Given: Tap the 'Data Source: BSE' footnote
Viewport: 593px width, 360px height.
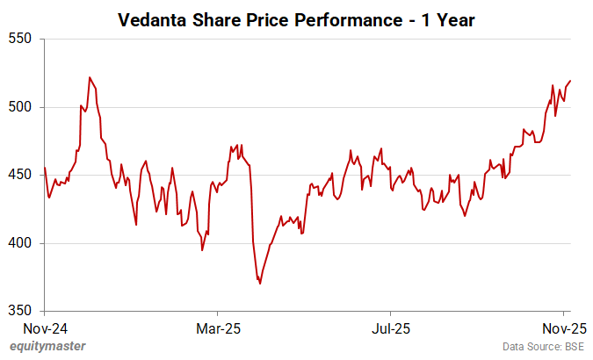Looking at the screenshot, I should click(x=544, y=347).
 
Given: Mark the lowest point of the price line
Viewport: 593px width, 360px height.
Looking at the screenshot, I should click(x=260, y=284).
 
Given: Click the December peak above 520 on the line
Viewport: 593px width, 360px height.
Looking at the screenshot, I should click(x=90, y=77).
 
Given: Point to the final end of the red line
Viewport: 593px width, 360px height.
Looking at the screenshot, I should click(x=571, y=81).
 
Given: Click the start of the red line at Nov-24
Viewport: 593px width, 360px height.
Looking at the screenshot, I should click(x=45, y=168).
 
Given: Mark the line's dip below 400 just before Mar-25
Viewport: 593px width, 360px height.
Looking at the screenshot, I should click(x=202, y=250).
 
